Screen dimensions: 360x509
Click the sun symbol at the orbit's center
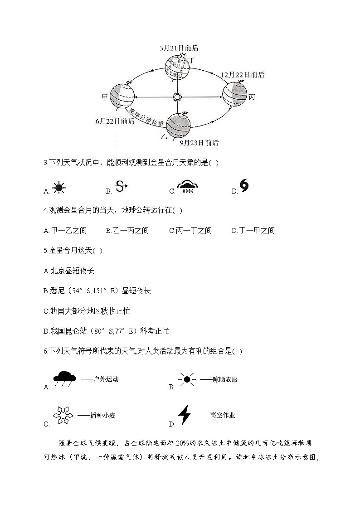coord(177,97)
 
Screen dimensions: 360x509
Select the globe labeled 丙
coord(235,94)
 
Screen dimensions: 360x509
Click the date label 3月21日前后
coord(179,48)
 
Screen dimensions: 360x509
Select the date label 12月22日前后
coord(243,75)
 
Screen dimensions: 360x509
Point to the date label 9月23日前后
coord(199,143)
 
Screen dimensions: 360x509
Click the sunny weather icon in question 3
coord(58,188)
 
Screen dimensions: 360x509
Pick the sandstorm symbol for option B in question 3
coord(122,186)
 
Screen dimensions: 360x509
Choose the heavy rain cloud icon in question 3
coord(186,187)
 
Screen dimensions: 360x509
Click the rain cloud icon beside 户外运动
coord(65,379)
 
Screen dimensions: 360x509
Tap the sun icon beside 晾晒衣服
coord(187,379)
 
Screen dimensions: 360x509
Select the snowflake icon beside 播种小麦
coord(63,415)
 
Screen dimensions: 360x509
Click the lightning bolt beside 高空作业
coord(184,415)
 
